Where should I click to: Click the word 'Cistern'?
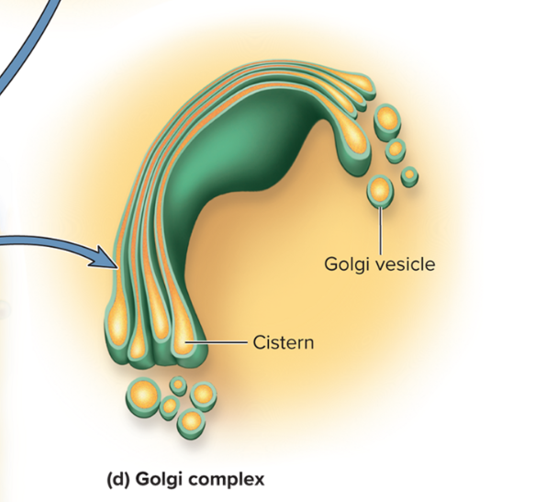[284, 343]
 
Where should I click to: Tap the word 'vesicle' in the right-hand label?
[405, 264]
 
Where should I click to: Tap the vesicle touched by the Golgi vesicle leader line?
[379, 191]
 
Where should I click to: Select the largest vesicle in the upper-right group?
[387, 119]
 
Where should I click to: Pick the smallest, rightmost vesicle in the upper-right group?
[409, 174]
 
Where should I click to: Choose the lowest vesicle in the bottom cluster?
[191, 421]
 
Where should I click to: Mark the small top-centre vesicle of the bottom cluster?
[178, 386]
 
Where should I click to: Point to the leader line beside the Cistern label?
[219, 342]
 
